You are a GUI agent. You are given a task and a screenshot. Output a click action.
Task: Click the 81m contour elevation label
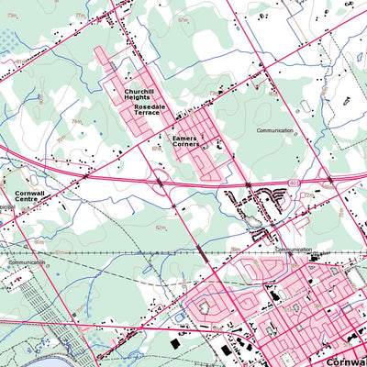click(x=18, y=61)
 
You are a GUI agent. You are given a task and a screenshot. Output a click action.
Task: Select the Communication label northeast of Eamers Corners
click(x=275, y=131)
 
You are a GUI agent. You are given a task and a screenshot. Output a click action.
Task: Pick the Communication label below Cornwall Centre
click(x=28, y=262)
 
